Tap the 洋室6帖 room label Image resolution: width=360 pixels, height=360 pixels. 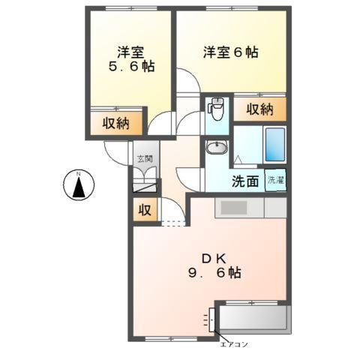click(x=231, y=52)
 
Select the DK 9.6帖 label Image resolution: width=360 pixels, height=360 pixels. click(x=211, y=264)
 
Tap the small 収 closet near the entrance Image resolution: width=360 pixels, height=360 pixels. click(x=144, y=211)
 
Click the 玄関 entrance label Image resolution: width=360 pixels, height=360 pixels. click(x=145, y=159)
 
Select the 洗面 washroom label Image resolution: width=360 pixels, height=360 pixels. click(x=244, y=180)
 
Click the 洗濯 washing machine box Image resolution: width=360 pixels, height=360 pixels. click(x=275, y=180)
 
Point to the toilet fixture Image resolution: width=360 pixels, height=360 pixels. click(x=216, y=109)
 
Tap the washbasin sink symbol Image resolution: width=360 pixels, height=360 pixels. click(x=217, y=148)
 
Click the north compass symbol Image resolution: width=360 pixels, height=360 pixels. click(x=78, y=184)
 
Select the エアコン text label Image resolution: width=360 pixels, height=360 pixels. click(x=233, y=346)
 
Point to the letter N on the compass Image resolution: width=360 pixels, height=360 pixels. click(x=78, y=176)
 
